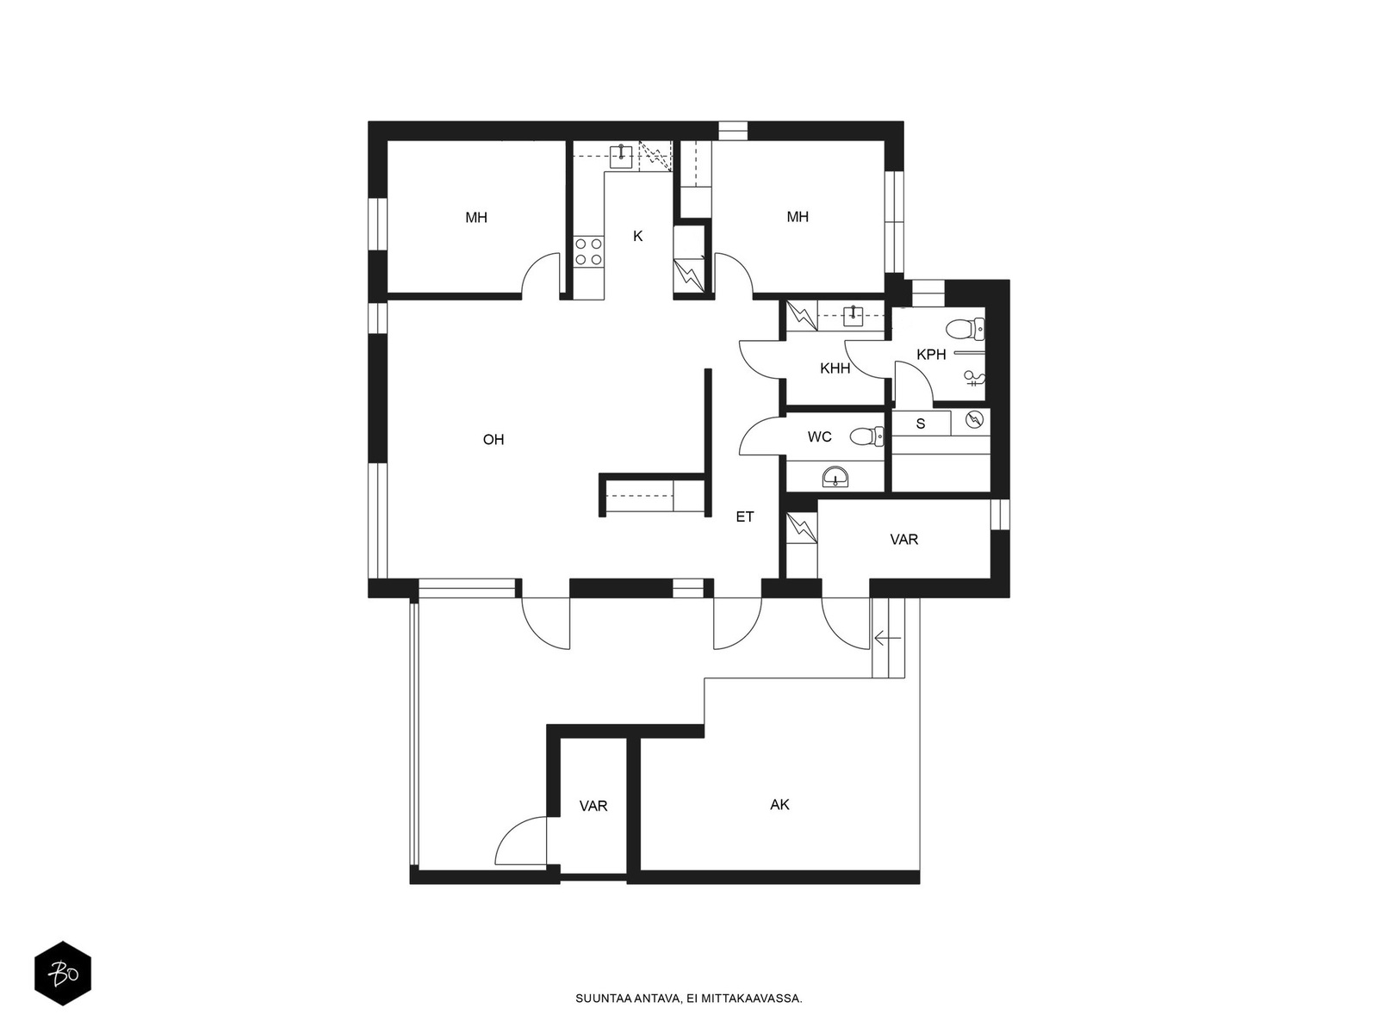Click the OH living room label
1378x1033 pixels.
(x=493, y=440)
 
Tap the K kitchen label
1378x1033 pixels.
(x=638, y=237)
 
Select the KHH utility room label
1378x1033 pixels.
(x=835, y=368)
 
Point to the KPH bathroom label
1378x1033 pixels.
(x=931, y=355)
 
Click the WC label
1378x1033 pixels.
(x=819, y=436)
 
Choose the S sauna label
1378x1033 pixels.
(x=921, y=424)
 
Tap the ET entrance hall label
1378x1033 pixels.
(x=745, y=516)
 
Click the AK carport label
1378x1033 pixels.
(x=779, y=805)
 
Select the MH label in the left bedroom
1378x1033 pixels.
(x=476, y=218)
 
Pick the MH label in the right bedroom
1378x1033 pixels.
(x=798, y=217)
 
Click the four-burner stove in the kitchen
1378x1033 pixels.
(x=588, y=251)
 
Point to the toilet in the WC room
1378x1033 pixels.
(x=867, y=436)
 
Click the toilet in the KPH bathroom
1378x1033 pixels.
(x=965, y=328)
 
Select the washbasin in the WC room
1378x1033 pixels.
(x=835, y=478)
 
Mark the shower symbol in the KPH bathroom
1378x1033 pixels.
(x=975, y=378)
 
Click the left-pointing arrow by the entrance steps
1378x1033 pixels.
(x=888, y=639)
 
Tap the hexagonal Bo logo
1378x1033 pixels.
(x=63, y=974)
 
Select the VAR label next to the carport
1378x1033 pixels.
(x=593, y=806)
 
